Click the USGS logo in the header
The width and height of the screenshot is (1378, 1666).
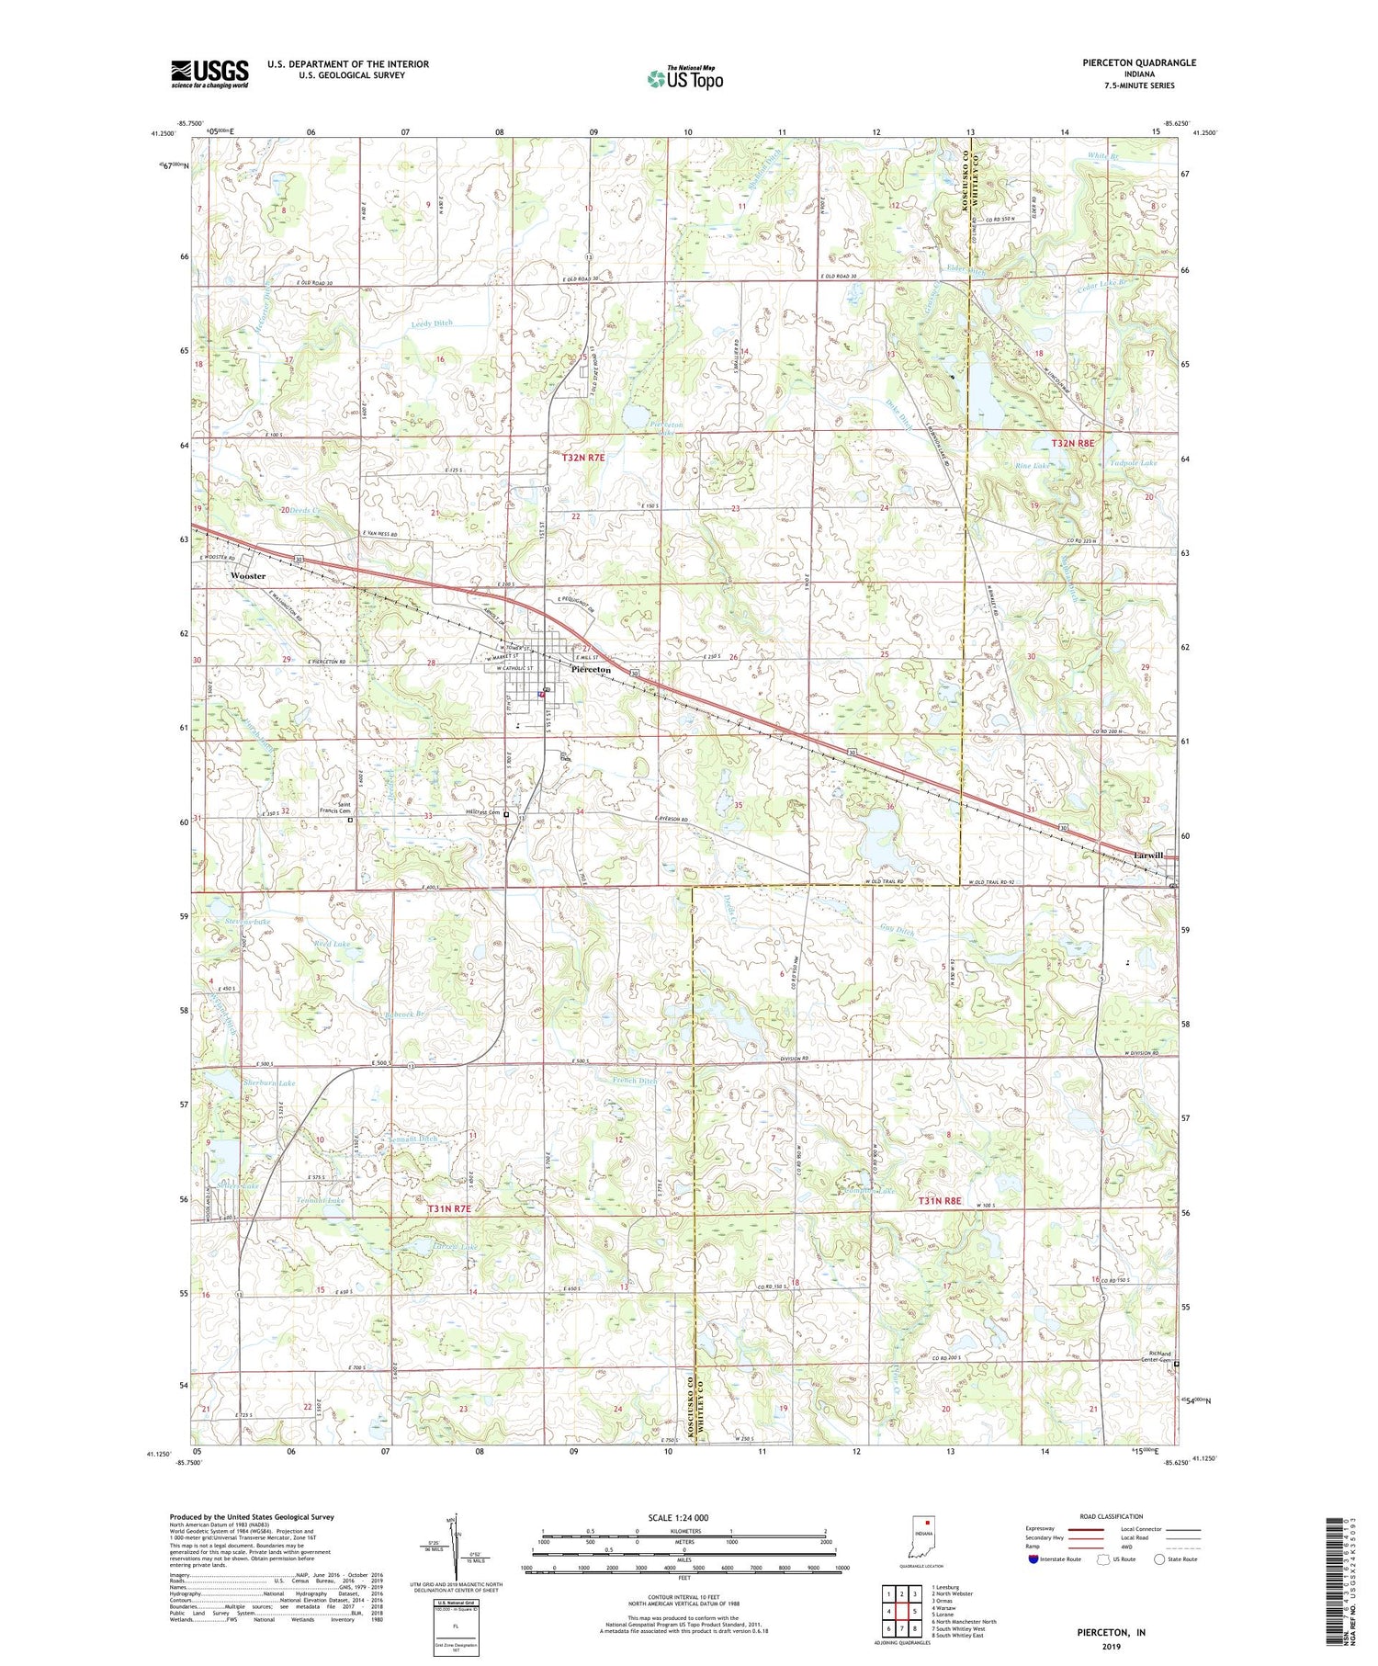[209, 74]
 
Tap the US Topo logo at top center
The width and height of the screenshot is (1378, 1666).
[684, 78]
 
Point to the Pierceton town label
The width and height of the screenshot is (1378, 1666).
[591, 670]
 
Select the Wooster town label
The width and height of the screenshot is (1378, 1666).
[248, 576]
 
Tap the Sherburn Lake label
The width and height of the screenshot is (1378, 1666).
[269, 1083]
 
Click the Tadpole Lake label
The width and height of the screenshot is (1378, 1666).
[1132, 463]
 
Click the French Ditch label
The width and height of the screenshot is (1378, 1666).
[634, 1081]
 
